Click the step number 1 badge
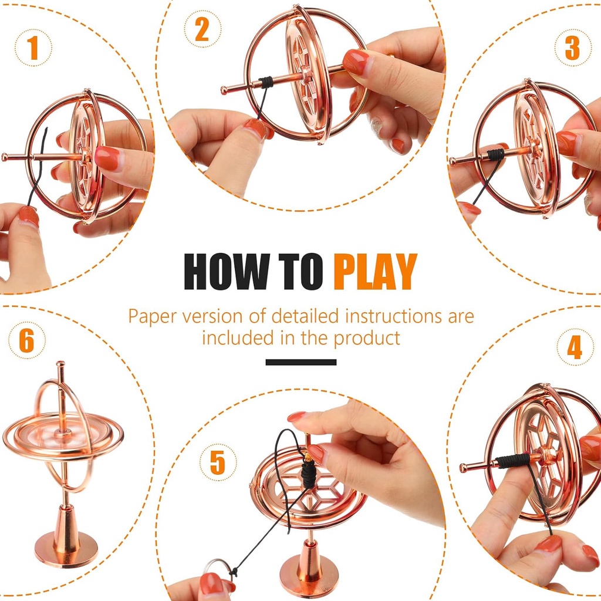[33, 48]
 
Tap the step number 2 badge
[202, 29]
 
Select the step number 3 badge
[573, 48]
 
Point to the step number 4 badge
[575, 347]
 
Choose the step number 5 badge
[218, 462]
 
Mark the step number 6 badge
[27, 340]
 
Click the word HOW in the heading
[227, 271]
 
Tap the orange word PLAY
[375, 271]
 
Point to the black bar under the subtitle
[301, 362]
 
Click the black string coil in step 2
[265, 82]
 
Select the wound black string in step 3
[495, 154]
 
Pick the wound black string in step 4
[512, 461]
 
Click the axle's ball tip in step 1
[5, 157]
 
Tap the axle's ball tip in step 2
[224, 90]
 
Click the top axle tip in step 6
[60, 363]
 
